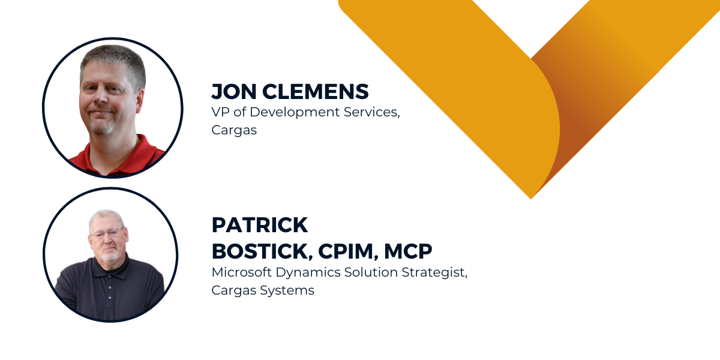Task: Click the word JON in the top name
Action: click(x=233, y=92)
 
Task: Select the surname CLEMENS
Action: click(x=316, y=92)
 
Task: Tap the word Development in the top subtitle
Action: click(x=295, y=113)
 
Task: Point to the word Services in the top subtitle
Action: click(x=372, y=112)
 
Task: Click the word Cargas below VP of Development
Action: click(x=234, y=131)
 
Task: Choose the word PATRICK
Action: click(x=260, y=224)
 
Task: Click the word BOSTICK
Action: click(x=262, y=251)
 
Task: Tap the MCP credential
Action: click(x=408, y=251)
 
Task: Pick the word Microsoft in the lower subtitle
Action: click(x=242, y=272)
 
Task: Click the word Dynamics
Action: click(x=308, y=273)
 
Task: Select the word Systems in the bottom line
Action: click(x=287, y=291)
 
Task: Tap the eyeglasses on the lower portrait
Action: click(x=107, y=233)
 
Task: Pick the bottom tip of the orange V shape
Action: click(x=531, y=199)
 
